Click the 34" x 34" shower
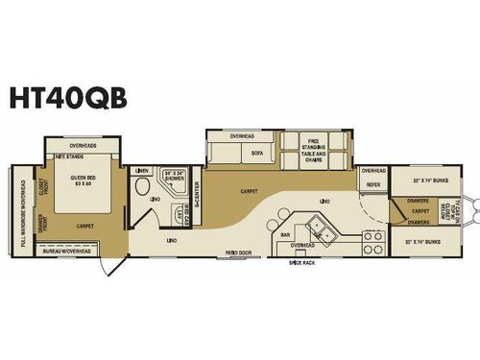174,177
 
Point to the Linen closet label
142,171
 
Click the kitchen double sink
317,228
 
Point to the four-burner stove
372,242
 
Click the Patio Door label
237,252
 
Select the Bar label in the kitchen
285,233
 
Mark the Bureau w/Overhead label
68,251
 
